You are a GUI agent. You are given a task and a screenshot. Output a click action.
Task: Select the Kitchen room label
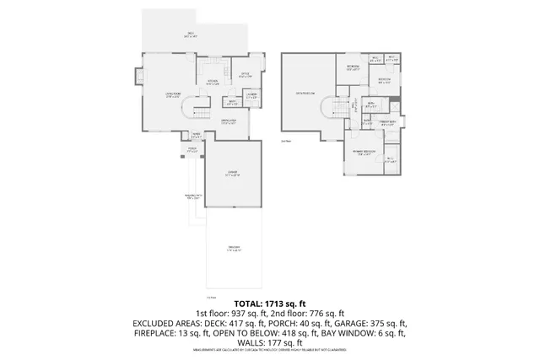click(214, 83)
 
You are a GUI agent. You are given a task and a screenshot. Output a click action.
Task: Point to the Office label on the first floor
click(246, 75)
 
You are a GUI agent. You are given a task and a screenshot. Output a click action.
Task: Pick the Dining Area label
click(228, 123)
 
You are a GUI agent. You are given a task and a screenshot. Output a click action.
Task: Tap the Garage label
click(233, 175)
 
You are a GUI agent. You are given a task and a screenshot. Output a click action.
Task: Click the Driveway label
click(234, 248)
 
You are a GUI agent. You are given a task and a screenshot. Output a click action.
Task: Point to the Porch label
click(192, 151)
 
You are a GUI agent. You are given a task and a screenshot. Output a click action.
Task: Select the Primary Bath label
click(389, 123)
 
